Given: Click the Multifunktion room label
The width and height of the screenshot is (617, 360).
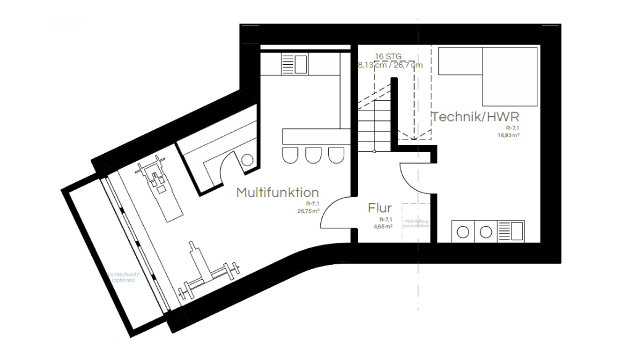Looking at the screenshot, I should (x=278, y=192).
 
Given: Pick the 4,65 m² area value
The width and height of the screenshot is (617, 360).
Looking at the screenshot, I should (x=383, y=227).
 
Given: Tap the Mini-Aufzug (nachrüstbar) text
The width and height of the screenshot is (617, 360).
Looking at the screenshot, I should (x=416, y=223).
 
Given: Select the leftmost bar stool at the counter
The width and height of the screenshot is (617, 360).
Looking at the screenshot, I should (x=289, y=155).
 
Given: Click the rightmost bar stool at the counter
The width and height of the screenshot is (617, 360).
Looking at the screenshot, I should (x=336, y=155).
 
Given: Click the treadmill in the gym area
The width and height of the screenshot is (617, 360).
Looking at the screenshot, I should (x=159, y=189).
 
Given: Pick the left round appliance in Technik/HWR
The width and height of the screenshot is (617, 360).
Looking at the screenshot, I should (x=463, y=232).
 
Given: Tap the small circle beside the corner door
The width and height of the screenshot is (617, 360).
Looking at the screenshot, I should (x=247, y=160).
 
